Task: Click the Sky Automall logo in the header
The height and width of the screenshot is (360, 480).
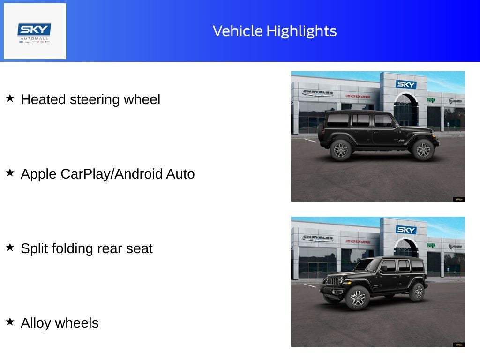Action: point(35,31)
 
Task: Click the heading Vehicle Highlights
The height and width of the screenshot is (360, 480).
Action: point(275,31)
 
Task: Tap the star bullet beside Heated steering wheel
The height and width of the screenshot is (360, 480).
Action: point(10,98)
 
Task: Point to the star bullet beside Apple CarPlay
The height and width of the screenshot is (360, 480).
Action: point(10,173)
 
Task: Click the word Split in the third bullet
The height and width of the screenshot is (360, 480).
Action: point(34,248)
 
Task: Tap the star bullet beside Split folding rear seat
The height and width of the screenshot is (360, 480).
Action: point(10,247)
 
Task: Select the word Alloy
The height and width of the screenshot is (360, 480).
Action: point(36,323)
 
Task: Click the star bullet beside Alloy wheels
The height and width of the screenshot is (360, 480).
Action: point(10,322)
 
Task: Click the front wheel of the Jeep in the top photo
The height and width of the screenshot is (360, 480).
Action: point(423,150)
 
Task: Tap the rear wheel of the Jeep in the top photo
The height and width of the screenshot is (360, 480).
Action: point(341,150)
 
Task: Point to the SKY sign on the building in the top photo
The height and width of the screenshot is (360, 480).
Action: point(406,84)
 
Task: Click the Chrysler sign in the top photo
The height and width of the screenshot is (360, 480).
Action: point(318,92)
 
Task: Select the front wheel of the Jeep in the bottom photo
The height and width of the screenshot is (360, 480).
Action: point(358,298)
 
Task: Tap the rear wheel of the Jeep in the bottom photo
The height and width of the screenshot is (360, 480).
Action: point(417,292)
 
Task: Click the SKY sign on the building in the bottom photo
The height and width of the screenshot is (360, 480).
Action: point(406,230)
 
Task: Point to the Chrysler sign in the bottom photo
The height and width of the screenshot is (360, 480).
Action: point(318,238)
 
